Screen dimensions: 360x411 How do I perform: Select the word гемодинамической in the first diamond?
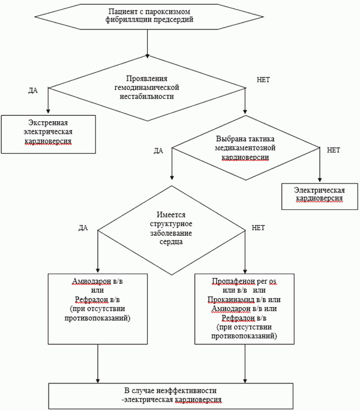coord(146,88)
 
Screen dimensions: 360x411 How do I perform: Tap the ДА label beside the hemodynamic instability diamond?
coord(33,91)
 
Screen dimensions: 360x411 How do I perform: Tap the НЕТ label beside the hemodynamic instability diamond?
coord(263,80)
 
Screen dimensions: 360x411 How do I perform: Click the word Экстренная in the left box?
coord(48,122)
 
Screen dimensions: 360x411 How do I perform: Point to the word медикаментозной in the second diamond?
coord(245,148)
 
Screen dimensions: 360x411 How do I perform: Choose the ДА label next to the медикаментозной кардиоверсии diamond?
coord(158,151)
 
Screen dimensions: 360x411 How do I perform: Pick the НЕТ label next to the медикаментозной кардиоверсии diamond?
coord(334,150)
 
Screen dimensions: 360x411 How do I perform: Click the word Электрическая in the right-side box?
coord(319,190)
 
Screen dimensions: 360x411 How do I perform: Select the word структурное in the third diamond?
coord(171,224)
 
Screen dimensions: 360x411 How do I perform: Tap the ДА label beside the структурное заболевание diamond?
coord(83,228)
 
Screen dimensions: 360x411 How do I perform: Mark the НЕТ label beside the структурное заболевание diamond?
coord(258,227)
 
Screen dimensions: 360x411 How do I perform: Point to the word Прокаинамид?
coord(231,299)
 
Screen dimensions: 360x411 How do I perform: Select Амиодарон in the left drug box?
coord(92,281)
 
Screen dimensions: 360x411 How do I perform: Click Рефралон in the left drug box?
coord(91,299)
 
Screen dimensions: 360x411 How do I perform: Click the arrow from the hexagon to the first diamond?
coord(148,44)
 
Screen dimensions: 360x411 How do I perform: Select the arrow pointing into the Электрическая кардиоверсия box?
coord(320,164)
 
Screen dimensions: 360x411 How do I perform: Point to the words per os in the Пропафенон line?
coord(266,281)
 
